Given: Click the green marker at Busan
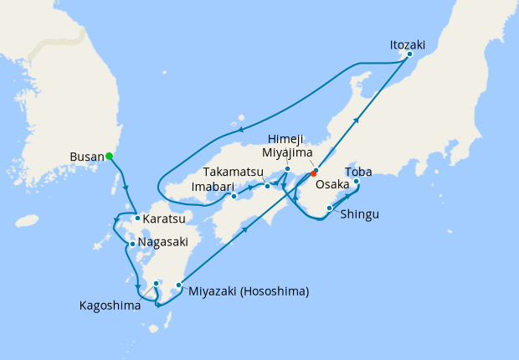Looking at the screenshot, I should click(109, 156).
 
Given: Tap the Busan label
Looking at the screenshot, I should click(87, 156).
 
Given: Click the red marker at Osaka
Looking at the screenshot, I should click(314, 173).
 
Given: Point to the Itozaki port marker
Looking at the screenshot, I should click(409, 55).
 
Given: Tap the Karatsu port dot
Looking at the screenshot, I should click(136, 219).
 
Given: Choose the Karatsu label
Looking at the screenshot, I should click(163, 219).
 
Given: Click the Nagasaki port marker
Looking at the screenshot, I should click(132, 244).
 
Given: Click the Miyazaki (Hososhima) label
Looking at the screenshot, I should click(249, 291).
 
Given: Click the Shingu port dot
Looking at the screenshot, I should click(330, 208).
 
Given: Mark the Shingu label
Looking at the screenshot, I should click(360, 214).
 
